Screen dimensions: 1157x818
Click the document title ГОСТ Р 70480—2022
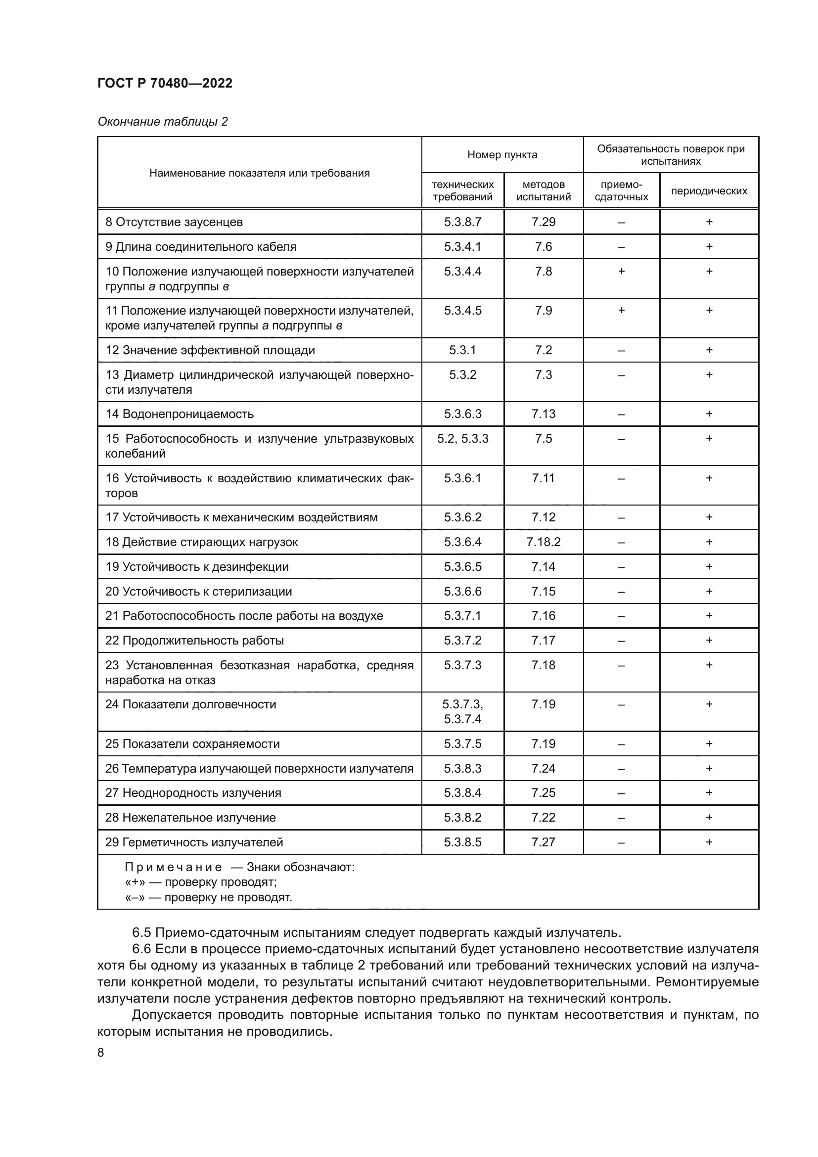pos(165,83)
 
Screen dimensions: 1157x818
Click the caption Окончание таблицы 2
pos(162,122)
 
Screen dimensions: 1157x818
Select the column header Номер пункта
pos(501,155)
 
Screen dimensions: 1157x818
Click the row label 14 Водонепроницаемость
pos(180,414)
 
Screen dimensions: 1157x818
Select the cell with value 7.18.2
pos(543,542)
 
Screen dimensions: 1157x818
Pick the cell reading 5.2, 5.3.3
pos(462,438)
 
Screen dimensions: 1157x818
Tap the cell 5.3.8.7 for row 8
pos(462,222)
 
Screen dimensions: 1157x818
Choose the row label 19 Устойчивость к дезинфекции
pos(196,566)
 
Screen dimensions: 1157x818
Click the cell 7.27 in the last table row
pos(543,841)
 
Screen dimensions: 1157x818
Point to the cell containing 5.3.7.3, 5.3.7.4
pos(462,711)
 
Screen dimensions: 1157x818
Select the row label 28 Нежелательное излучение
pos(190,817)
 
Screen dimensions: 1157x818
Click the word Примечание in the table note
pos(173,867)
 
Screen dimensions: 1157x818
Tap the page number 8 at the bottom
pos(101,1052)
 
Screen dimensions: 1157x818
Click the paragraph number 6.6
pos(141,949)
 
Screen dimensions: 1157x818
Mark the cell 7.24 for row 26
pos(543,768)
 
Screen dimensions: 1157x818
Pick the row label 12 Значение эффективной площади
pos(210,350)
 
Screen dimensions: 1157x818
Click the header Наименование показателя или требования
pos(260,173)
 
